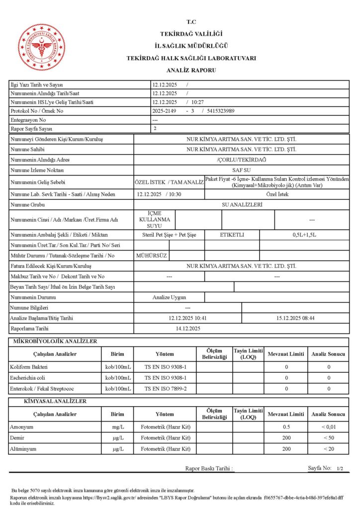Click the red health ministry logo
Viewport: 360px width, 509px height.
(42, 47)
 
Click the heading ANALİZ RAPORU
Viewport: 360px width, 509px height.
(191, 71)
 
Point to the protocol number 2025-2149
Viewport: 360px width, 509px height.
(165, 111)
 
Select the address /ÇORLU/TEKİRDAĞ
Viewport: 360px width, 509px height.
(241, 160)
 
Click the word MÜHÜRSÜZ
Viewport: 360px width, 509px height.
(152, 255)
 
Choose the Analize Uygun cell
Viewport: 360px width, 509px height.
(169, 297)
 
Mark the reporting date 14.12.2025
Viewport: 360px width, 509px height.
(188, 329)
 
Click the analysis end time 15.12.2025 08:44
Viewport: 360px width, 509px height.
(295, 318)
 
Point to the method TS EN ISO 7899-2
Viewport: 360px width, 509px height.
(166, 388)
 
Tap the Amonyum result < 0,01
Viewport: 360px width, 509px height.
(328, 427)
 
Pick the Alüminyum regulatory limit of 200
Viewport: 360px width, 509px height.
(286, 449)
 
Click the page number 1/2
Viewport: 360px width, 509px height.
(340, 469)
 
